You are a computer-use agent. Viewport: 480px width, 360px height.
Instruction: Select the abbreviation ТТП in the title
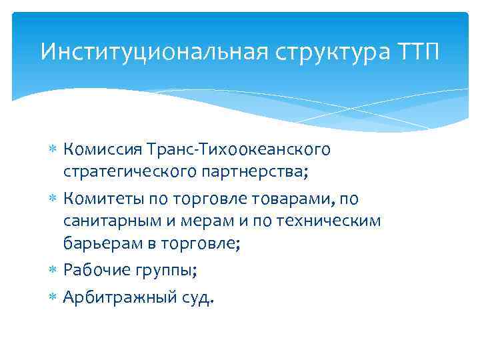click(418, 51)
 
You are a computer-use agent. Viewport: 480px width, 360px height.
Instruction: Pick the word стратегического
click(127, 172)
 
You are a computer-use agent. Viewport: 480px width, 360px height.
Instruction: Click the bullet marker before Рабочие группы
click(54, 270)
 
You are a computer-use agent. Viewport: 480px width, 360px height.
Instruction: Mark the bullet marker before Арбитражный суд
click(54, 295)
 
